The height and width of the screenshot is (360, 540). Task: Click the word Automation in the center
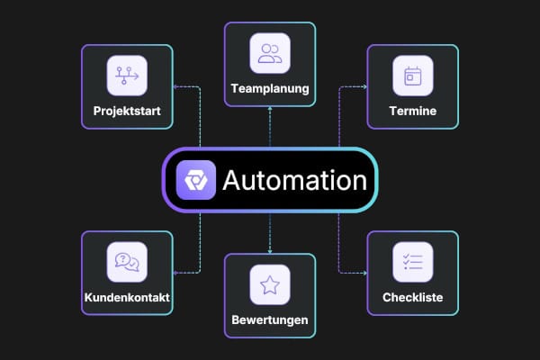(x=295, y=180)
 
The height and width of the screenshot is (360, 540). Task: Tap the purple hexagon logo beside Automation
(x=196, y=180)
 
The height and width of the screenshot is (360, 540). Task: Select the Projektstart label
(x=127, y=111)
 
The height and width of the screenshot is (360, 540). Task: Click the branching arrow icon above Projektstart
(x=127, y=76)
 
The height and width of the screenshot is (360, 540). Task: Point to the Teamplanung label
(x=270, y=88)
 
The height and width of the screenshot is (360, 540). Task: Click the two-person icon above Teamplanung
(x=270, y=53)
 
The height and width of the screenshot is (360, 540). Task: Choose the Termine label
(x=413, y=111)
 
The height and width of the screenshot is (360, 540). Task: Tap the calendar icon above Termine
(x=413, y=76)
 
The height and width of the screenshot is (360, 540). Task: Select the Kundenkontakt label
(x=127, y=297)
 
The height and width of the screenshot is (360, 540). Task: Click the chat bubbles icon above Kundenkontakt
(x=127, y=262)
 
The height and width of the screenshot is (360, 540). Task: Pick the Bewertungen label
(x=270, y=319)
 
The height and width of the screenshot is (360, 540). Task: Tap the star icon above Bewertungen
(x=270, y=285)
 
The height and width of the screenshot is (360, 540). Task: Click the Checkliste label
(x=413, y=297)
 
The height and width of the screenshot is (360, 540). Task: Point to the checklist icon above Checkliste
(x=413, y=262)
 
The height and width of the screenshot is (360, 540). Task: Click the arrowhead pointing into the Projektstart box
(x=175, y=86)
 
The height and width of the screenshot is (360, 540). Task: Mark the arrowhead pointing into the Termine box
(x=364, y=86)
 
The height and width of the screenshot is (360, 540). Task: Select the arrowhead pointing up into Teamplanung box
(x=270, y=109)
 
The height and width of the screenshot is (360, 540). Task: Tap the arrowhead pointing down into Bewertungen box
(x=270, y=251)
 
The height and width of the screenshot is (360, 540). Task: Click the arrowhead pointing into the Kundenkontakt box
(x=175, y=273)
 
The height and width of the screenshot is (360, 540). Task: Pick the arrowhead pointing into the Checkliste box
(x=364, y=273)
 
